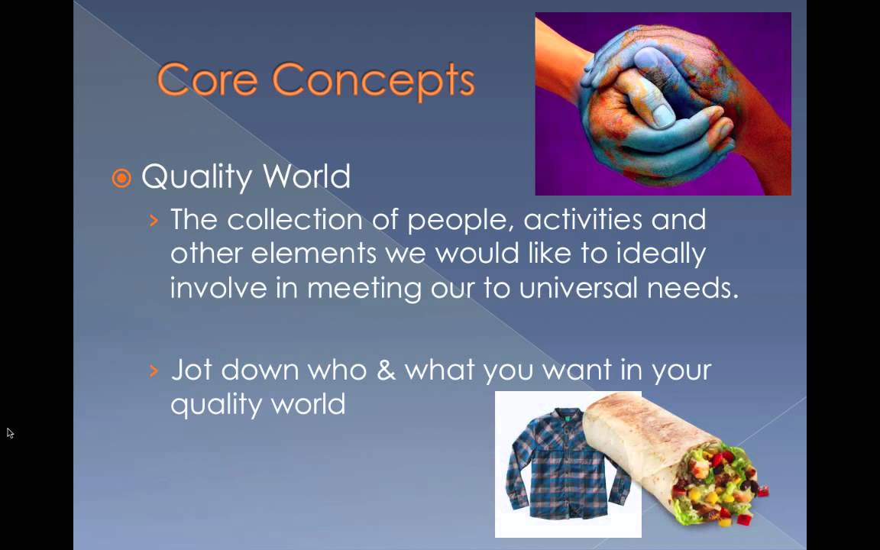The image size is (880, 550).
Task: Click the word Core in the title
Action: click(207, 79)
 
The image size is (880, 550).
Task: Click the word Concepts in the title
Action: click(374, 82)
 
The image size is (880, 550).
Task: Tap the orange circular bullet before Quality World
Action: click(121, 179)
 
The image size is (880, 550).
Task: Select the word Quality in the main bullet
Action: click(196, 176)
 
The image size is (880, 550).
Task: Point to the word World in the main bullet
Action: click(306, 176)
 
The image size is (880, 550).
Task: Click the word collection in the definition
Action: click(295, 219)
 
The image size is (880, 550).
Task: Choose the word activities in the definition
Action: click(583, 219)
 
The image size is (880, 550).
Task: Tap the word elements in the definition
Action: click(313, 253)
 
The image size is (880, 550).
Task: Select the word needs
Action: click(693, 289)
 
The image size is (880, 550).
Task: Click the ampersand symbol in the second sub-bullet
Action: click(386, 370)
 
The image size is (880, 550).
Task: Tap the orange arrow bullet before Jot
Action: click(154, 370)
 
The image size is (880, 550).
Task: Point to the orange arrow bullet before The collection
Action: click(154, 220)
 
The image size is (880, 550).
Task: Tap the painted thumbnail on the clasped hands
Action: click(664, 115)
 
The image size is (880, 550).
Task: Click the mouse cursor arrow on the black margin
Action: click(10, 432)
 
